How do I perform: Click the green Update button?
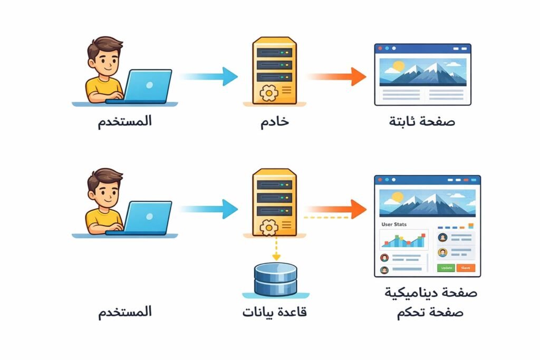446,268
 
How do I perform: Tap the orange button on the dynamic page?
465,268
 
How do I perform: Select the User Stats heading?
394,224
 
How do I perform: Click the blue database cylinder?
275,279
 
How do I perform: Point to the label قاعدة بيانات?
275,312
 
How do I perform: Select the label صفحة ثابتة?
422,121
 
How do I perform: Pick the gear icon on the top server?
269,92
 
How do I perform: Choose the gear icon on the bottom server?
269,227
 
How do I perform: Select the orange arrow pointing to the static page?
337,76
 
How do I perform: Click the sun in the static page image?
398,66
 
